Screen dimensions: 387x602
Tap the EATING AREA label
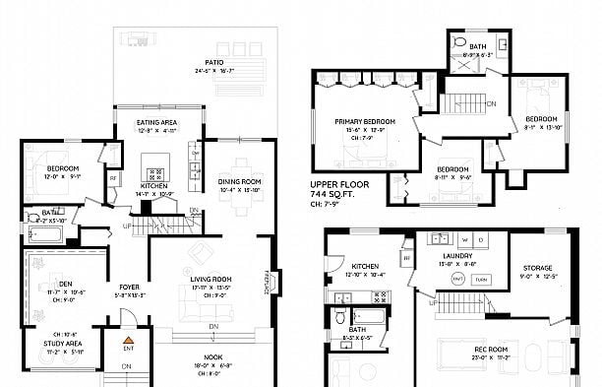pos(157,122)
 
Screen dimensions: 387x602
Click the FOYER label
pos(130,288)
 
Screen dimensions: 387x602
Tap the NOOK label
pos(212,356)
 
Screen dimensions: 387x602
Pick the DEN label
pos(66,284)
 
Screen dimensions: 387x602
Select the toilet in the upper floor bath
pos(460,45)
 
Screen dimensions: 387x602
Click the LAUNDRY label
pos(455,256)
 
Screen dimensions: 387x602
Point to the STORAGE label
pos(537,268)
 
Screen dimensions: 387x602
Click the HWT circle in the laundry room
pos(457,281)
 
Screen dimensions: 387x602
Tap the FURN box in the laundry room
pos(481,281)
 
